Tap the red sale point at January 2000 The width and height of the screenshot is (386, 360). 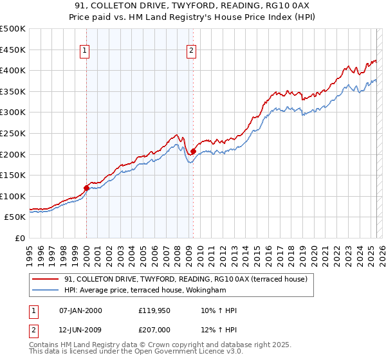pos(86,188)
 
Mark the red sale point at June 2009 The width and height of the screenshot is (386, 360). pos(193,151)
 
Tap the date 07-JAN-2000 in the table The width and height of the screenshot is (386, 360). pos(80,310)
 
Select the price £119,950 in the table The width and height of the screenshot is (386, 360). pos(154,310)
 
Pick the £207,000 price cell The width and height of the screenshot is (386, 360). pos(154,330)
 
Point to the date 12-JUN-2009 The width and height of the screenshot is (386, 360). pos(80,330)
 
